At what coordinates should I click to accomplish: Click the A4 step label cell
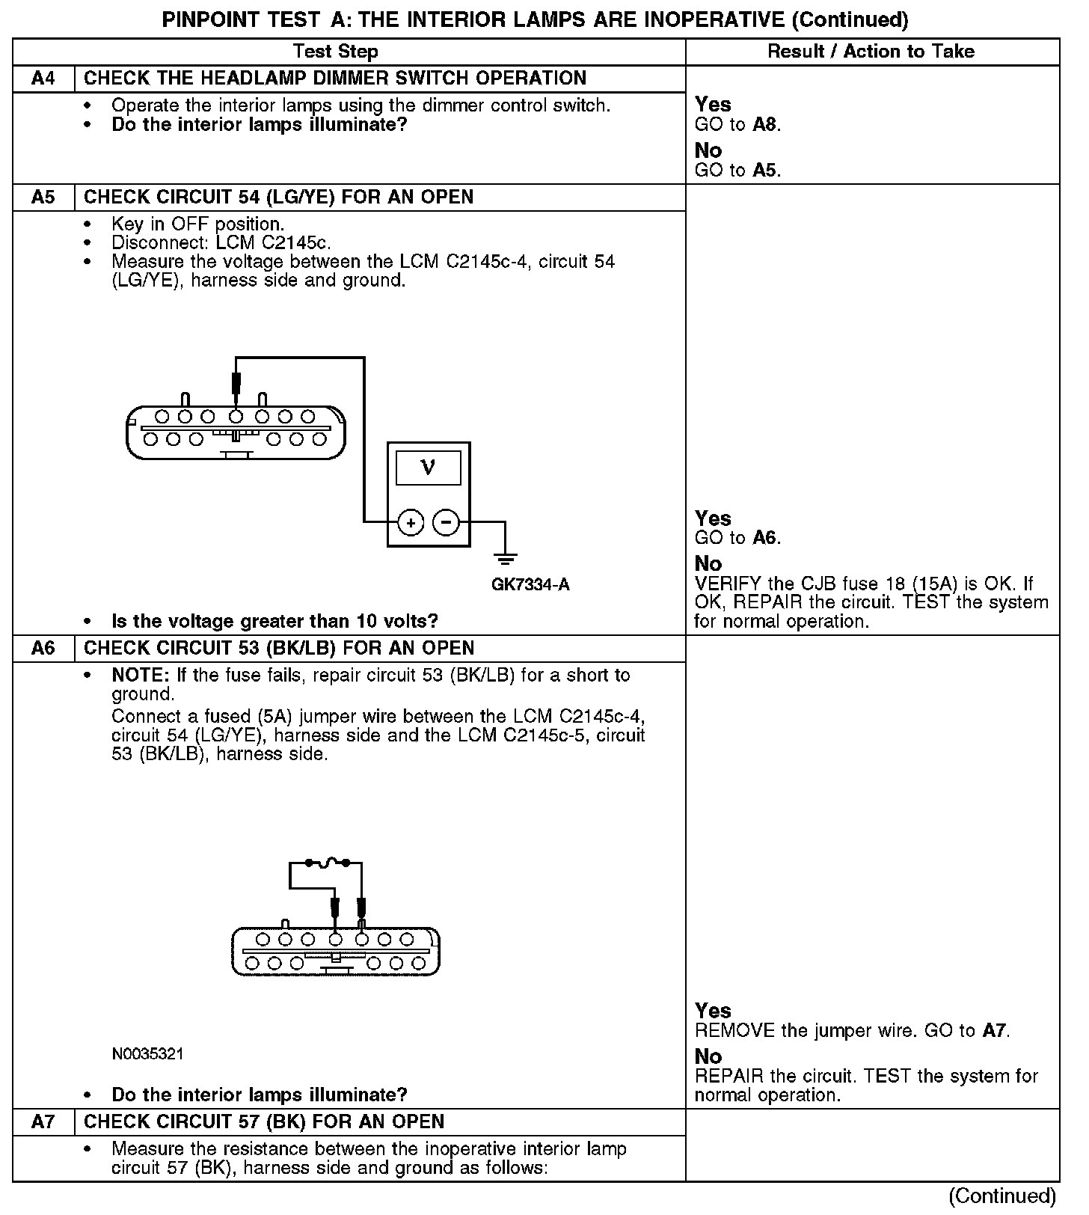point(43,79)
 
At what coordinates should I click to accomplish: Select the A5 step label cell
point(43,198)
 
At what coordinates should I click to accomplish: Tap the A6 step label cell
point(43,649)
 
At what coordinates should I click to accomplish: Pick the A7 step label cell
point(43,1122)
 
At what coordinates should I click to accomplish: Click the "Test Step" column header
point(335,52)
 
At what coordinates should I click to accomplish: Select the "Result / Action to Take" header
point(871,52)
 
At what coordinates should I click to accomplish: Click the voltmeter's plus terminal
point(411,522)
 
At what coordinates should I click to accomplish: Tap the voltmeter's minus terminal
point(447,522)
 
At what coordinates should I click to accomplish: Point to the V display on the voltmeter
point(428,468)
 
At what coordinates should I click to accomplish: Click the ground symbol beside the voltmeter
point(506,557)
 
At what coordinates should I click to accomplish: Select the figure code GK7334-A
point(530,585)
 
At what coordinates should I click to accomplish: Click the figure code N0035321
point(147,1054)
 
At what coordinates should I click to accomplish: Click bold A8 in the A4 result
point(765,125)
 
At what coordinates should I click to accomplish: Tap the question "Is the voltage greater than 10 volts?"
point(274,622)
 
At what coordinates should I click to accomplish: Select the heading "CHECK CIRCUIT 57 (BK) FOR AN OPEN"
point(264,1122)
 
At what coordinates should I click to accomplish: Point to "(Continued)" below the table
point(1002,1196)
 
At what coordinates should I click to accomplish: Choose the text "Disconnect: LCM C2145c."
point(221,243)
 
